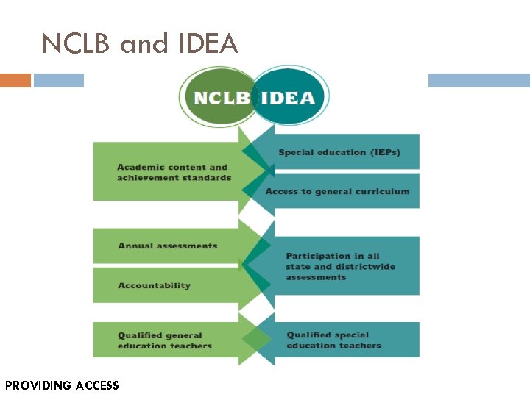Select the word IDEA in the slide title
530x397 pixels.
[208, 44]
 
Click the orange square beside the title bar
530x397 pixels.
[15, 80]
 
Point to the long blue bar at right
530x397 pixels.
[478, 80]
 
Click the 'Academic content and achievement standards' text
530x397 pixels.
[174, 172]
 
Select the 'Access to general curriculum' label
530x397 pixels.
[337, 191]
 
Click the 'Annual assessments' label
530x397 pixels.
[168, 246]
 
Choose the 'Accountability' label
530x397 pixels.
[155, 285]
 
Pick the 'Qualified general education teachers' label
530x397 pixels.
[165, 340]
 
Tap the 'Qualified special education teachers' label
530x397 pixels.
[333, 340]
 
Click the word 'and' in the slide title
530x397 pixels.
[144, 44]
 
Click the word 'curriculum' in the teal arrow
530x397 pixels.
[383, 191]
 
